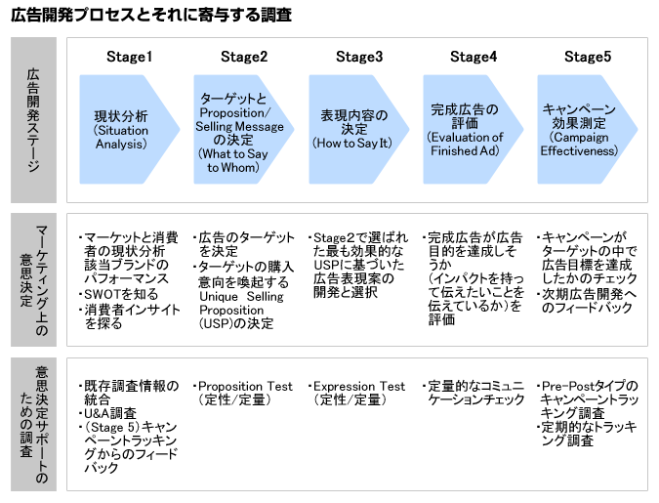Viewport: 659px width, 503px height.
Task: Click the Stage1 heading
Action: [x=129, y=56]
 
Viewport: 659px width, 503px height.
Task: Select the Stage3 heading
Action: [x=359, y=56]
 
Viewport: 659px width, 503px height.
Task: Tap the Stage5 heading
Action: [x=588, y=56]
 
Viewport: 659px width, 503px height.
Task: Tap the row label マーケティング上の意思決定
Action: [x=34, y=278]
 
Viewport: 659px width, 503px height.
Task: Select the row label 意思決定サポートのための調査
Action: [x=34, y=425]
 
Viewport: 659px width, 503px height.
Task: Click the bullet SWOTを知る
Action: [x=117, y=294]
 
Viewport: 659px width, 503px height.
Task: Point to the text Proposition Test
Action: [x=245, y=386]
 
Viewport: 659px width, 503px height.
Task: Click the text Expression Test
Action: [x=359, y=386]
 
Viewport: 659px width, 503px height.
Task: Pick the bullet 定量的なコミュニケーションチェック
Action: [x=473, y=393]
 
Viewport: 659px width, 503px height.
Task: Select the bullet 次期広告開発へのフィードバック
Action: [x=590, y=301]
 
